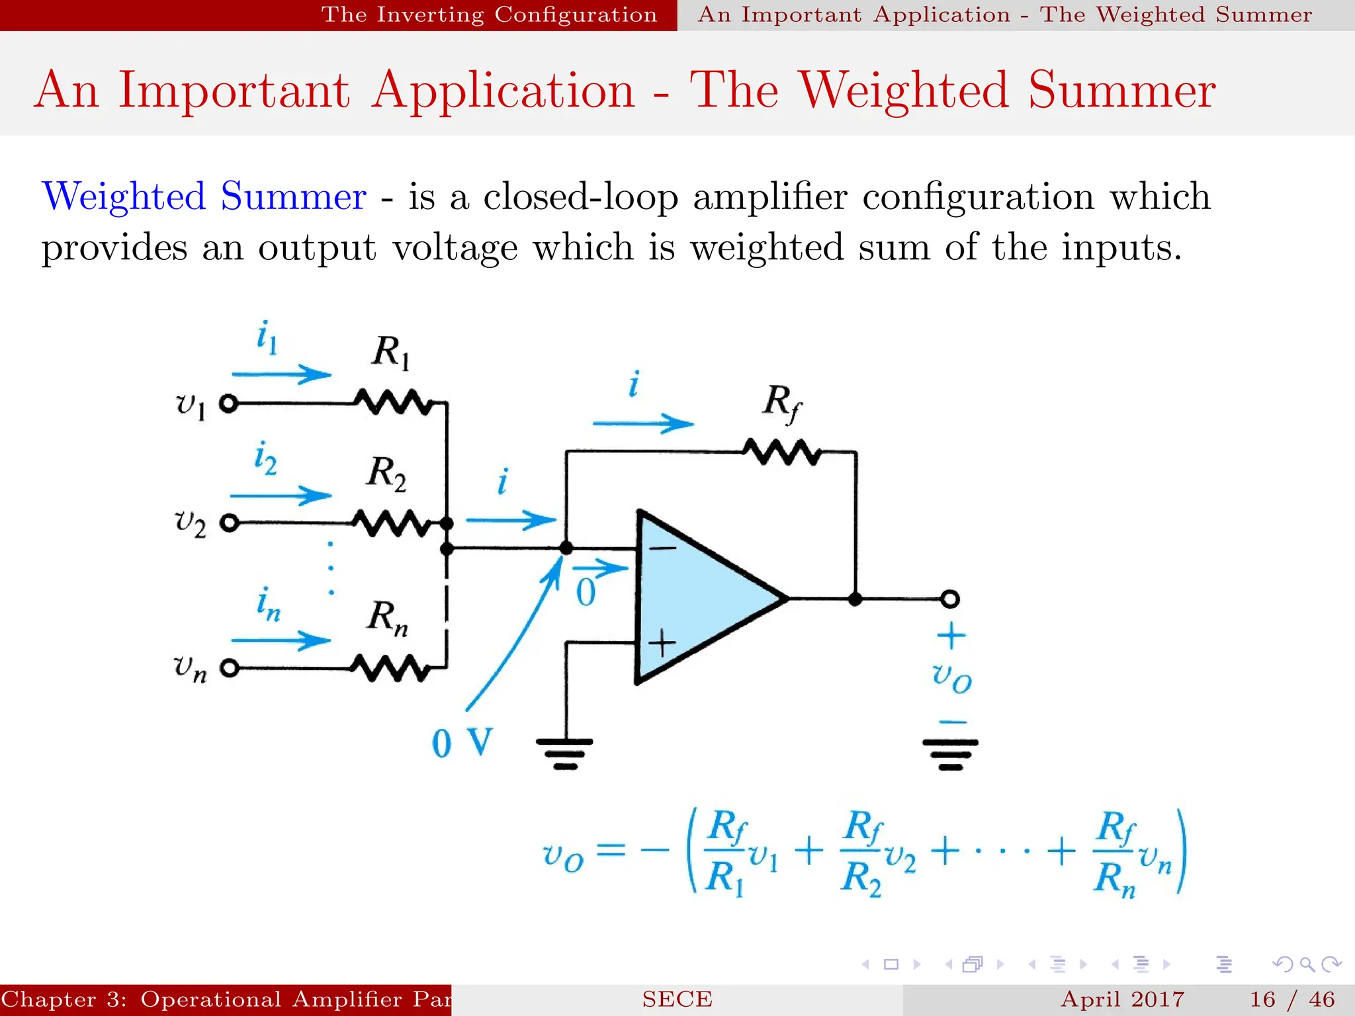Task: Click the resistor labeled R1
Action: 393,402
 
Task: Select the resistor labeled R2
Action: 392,523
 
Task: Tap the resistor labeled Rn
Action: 390,668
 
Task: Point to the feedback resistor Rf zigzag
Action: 781,452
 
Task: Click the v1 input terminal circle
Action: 229,403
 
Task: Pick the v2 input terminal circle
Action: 229,523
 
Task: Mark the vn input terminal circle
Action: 229,668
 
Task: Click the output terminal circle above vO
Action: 949,599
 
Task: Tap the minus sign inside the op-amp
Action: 662,548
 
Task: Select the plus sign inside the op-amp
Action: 662,642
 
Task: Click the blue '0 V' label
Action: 462,743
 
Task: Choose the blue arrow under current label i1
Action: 281,374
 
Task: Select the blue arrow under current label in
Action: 281,640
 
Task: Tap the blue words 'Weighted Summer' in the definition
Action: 204,196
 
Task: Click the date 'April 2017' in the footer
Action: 1122,999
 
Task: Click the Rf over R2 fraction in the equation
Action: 862,853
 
